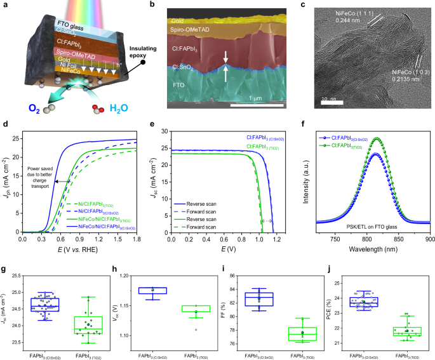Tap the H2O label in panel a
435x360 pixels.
(117, 109)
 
